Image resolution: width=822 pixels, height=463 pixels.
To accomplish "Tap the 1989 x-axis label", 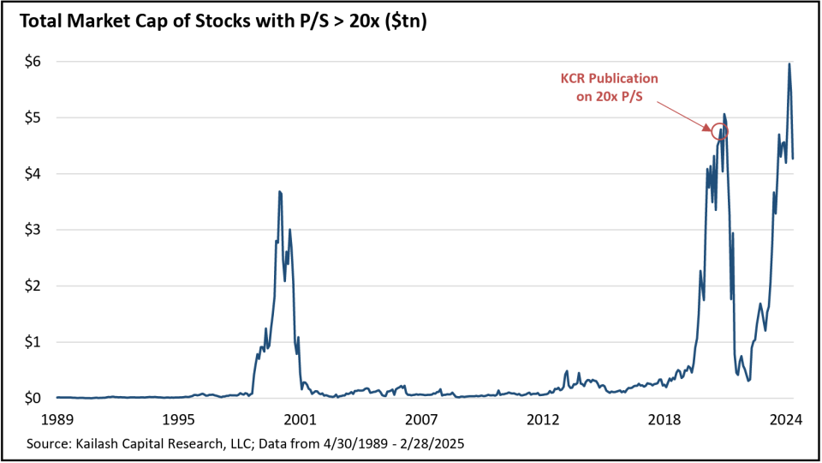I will [x=57, y=420].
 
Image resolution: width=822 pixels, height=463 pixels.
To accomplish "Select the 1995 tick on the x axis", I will [x=179, y=420].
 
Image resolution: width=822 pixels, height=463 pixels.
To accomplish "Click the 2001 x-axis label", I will [x=301, y=420].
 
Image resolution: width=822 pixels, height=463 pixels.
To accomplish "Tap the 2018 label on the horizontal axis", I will [x=664, y=420].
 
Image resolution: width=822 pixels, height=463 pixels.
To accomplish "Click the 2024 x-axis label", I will [x=786, y=420].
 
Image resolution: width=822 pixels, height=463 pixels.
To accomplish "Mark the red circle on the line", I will [x=719, y=131].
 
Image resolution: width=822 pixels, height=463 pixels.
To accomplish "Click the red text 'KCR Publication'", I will [x=616, y=78].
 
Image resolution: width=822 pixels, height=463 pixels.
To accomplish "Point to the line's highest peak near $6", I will [x=789, y=63].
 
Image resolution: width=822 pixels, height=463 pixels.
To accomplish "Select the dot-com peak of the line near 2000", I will [x=280, y=192].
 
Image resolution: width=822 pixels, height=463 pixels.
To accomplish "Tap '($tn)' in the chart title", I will [x=403, y=22].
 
